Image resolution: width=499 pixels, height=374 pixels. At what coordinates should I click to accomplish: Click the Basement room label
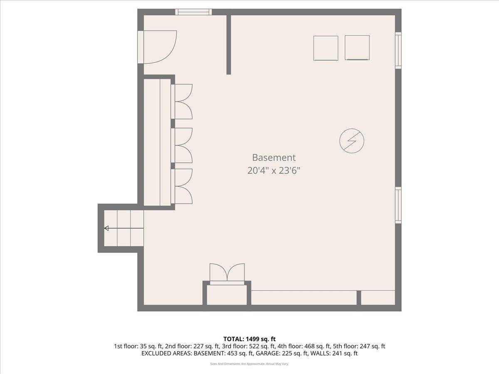[x=274, y=157]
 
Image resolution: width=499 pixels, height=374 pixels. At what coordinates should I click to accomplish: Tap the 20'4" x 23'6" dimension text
[x=274, y=170]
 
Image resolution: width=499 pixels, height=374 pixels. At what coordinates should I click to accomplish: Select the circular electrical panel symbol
[x=352, y=141]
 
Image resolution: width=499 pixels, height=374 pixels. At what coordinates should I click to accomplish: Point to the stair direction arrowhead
[x=106, y=228]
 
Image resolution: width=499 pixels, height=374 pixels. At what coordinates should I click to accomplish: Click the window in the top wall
[x=193, y=12]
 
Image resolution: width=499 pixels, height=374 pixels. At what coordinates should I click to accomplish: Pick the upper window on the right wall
[x=398, y=50]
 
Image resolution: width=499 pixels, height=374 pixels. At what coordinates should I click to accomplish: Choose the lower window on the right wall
[x=398, y=205]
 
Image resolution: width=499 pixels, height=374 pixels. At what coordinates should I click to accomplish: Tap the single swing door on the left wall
[x=157, y=47]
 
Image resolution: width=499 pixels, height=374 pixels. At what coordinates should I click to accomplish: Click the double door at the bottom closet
[x=227, y=274]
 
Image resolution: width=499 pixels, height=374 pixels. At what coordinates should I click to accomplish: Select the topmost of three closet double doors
[x=182, y=101]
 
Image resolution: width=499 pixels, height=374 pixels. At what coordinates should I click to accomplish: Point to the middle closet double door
[x=182, y=145]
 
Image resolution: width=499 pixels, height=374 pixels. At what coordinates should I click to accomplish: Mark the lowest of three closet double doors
[x=182, y=186]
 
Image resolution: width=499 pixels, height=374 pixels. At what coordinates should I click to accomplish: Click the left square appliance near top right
[x=326, y=48]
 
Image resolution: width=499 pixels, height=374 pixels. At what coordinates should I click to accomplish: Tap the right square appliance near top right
[x=357, y=48]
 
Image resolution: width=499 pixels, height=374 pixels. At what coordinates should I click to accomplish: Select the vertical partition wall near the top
[x=229, y=45]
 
